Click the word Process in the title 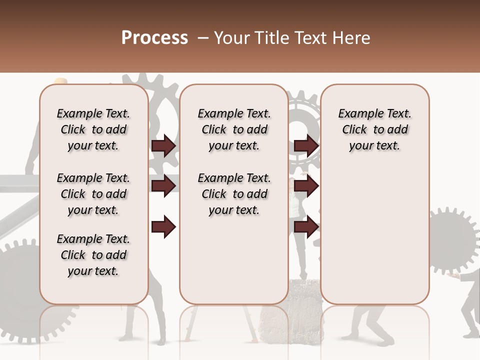tap(154, 38)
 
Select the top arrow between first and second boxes tap(163, 145)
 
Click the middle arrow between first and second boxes tap(163, 186)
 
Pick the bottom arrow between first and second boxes tap(163, 227)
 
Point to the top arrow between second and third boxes tap(306, 145)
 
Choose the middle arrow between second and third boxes tap(306, 186)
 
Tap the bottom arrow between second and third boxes tap(306, 227)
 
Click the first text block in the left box tap(93, 129)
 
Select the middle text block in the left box tap(93, 194)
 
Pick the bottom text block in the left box tap(93, 255)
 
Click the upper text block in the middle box tap(234, 129)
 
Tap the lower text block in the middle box tap(234, 194)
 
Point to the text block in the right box tap(374, 129)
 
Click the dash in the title tap(202, 38)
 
